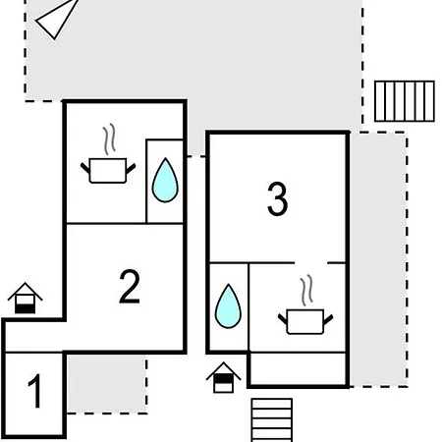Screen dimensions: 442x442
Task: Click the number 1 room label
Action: [x=34, y=391]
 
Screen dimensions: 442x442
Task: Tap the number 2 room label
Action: [x=130, y=287]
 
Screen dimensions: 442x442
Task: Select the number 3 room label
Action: [x=277, y=198]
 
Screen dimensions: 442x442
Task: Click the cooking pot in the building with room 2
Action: [x=108, y=170]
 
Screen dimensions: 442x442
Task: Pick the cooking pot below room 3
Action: [x=305, y=321]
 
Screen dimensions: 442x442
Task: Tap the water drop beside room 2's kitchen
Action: [x=165, y=180]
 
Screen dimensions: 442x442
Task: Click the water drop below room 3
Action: [x=228, y=306]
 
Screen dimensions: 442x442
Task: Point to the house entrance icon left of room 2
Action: [x=25, y=298]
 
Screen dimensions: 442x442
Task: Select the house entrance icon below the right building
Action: [x=223, y=377]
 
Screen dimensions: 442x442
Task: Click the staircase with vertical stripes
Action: [x=405, y=101]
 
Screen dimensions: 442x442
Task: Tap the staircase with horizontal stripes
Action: [x=272, y=420]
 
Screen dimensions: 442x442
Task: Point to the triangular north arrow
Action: [x=57, y=20]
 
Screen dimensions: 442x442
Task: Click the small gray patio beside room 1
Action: [x=106, y=384]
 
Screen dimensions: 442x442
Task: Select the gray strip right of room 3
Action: [x=378, y=259]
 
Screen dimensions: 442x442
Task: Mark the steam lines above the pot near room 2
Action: [x=110, y=138]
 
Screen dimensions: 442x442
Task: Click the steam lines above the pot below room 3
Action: [x=306, y=290]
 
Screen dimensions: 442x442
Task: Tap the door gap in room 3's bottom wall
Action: [x=311, y=262]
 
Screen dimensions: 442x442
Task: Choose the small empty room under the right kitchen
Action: [x=298, y=368]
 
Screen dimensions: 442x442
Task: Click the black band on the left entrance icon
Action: [x=25, y=308]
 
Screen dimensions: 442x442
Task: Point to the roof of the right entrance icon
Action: [x=223, y=370]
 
